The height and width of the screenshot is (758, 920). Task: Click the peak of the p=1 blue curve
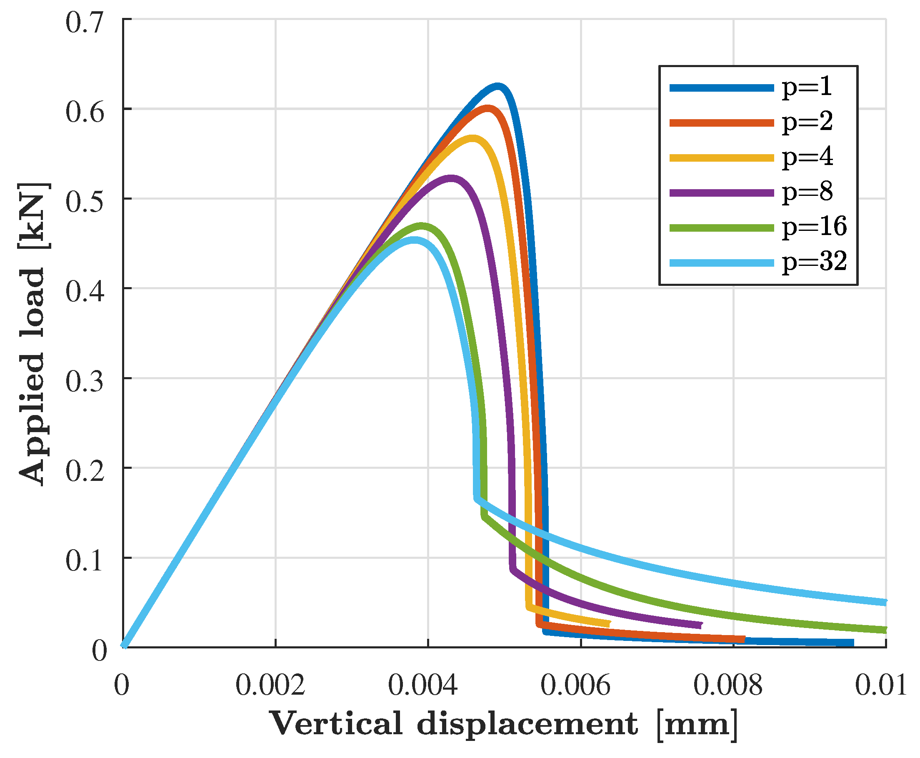497,86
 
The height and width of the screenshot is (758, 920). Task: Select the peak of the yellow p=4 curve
472,138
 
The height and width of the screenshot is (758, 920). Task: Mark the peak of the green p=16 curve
421,226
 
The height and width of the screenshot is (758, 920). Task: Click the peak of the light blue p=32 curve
413,240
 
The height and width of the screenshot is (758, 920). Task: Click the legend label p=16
814,226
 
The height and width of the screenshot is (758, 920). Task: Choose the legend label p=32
814,261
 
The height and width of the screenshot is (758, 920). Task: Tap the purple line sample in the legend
721,193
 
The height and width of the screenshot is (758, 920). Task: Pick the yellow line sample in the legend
721,158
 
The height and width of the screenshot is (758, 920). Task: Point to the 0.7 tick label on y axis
85,23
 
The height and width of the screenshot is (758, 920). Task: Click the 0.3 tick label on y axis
85,381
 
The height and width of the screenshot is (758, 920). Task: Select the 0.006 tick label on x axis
575,685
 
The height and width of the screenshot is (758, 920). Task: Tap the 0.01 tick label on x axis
880,685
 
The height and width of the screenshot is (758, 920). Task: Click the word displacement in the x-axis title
527,725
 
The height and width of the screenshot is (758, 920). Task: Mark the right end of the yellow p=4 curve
609,623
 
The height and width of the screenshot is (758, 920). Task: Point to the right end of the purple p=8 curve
701,625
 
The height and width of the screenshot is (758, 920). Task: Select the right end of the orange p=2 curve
744,639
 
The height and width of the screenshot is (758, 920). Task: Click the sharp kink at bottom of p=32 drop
476,498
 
